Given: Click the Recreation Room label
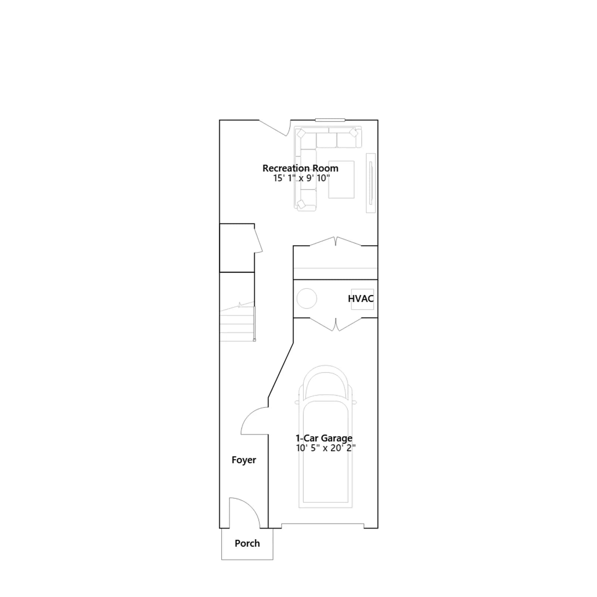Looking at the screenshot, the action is click(300, 168).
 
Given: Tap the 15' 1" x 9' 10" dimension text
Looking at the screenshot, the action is click(301, 178).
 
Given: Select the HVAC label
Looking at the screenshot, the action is click(361, 298).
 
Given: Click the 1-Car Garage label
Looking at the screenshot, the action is click(324, 438).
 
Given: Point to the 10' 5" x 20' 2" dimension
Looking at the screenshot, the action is click(326, 448).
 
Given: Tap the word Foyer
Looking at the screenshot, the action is click(244, 460).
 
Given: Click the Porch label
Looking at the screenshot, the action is click(247, 543).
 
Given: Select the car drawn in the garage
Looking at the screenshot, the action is click(326, 437).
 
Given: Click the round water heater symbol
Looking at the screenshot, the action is click(307, 298).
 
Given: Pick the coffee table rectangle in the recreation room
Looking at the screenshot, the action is click(341, 179).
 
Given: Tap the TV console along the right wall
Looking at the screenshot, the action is click(371, 183).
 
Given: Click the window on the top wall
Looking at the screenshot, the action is click(330, 120).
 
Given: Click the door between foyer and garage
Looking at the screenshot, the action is click(254, 421).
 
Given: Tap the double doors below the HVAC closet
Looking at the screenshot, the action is click(335, 325).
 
